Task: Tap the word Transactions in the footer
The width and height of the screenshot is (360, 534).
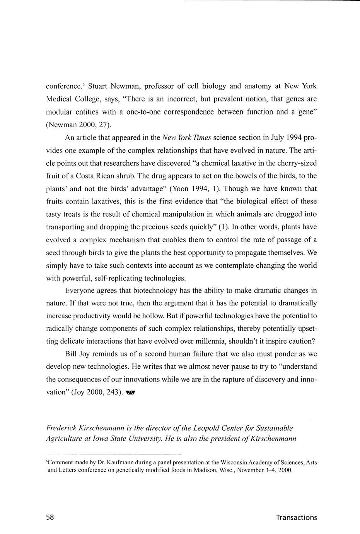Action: (296, 517)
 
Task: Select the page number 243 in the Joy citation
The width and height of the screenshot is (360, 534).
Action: (114, 392)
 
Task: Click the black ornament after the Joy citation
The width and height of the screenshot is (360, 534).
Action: (131, 393)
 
